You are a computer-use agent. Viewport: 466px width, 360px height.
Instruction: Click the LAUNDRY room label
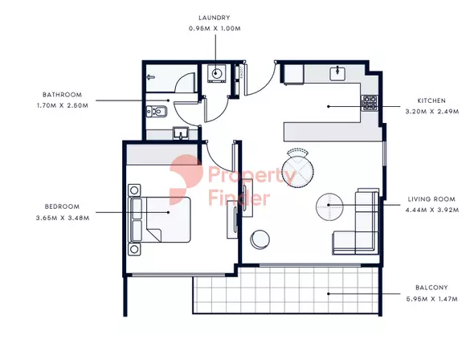pos(215,18)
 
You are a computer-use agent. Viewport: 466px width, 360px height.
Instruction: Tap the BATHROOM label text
pos(63,95)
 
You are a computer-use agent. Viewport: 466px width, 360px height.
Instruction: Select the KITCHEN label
pos(431,100)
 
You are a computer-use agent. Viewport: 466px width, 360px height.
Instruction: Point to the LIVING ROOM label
pos(431,199)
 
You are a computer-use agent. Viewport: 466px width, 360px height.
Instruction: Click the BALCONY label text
pos(431,288)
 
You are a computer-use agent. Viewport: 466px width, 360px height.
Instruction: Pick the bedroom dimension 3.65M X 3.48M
pos(63,218)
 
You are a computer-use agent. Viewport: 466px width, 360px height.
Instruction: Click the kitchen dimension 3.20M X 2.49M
pos(432,112)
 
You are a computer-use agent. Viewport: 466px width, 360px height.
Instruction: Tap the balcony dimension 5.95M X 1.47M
pos(432,299)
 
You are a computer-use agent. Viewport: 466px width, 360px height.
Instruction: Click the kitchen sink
pos(337,73)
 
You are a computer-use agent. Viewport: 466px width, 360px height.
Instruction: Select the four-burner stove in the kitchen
pos(369,103)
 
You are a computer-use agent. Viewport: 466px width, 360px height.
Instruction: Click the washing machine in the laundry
pos(217,73)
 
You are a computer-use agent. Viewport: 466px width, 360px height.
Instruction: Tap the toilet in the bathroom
pos(157,112)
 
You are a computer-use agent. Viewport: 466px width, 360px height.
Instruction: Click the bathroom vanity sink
pos(181,133)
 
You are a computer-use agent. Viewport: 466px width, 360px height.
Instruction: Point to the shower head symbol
pos(151,78)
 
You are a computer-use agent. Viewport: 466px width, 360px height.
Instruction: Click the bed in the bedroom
pos(159,219)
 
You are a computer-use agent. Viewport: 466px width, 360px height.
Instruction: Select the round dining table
pos(297,173)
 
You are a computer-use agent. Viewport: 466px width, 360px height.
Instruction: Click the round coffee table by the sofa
pos(329,207)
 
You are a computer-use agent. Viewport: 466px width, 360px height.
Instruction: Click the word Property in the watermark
pos(251,175)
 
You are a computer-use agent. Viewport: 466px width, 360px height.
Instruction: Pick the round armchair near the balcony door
pos(260,239)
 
